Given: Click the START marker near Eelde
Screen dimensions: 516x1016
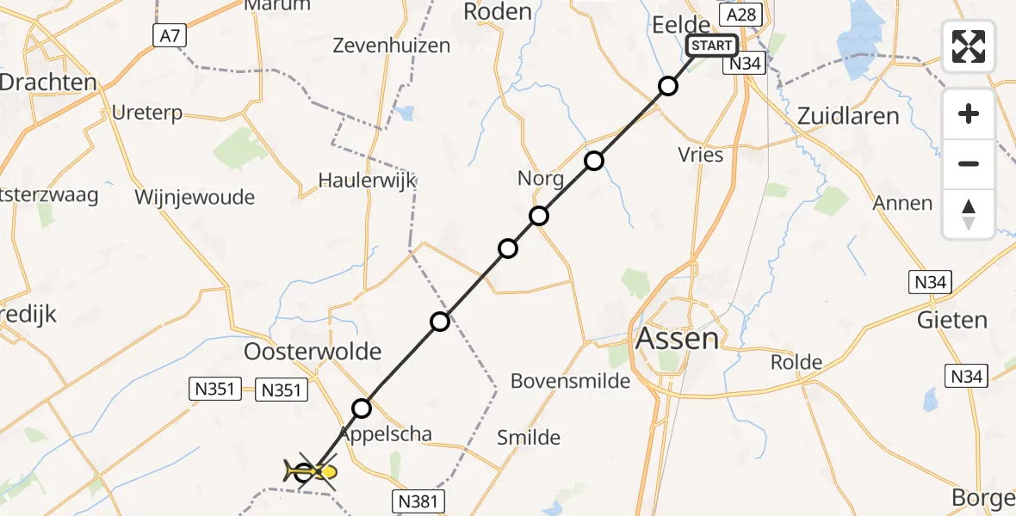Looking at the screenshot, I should [x=711, y=46].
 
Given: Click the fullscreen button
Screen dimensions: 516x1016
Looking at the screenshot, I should [x=969, y=46].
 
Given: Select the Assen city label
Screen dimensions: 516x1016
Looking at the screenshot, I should [x=677, y=338].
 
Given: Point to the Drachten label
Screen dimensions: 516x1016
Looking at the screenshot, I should [x=47, y=83].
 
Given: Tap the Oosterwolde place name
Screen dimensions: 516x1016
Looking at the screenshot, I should [x=313, y=351].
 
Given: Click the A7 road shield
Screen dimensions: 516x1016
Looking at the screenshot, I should [x=167, y=35].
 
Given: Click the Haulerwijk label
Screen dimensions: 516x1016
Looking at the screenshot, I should [x=367, y=181].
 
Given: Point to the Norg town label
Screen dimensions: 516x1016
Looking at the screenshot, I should [x=541, y=179].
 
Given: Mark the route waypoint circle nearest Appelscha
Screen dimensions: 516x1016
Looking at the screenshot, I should [x=362, y=408].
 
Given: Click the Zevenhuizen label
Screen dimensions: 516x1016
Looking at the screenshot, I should [x=392, y=46].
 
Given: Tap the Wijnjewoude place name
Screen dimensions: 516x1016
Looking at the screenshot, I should [x=195, y=197].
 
